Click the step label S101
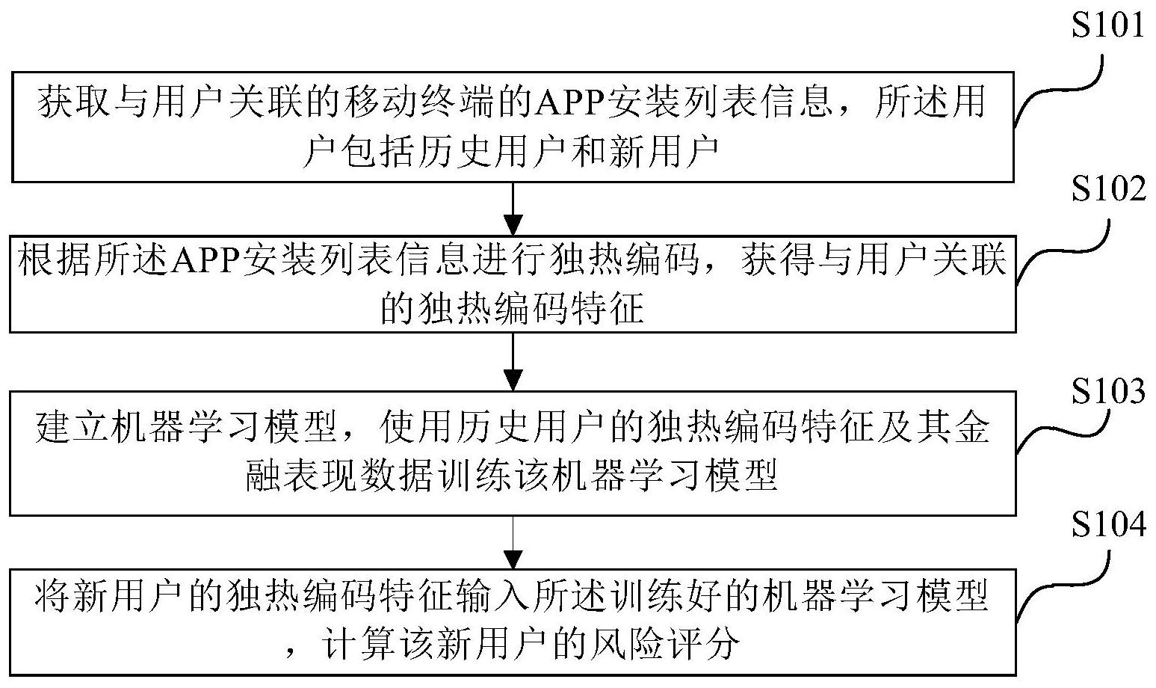[1107, 24]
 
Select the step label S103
[1108, 391]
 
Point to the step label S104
[1108, 524]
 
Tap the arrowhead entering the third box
[513, 380]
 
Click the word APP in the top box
[571, 102]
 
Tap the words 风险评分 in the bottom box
[664, 644]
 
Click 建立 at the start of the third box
[72, 428]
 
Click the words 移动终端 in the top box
[418, 102]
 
